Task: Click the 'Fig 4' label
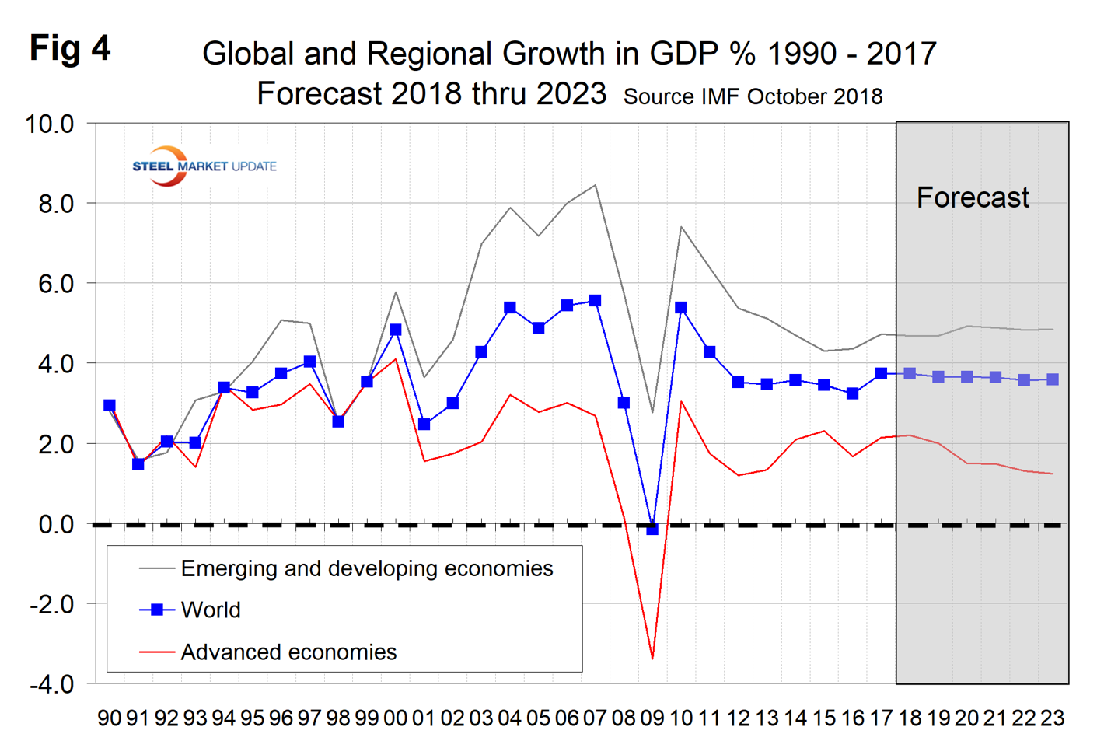tap(70, 49)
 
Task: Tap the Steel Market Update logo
tap(204, 166)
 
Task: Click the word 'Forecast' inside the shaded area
tap(972, 197)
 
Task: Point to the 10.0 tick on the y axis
tap(50, 124)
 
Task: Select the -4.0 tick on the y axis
tap(51, 685)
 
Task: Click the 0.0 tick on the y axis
tap(56, 524)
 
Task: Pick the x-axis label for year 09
tap(652, 718)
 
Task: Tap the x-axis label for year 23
tap(1052, 718)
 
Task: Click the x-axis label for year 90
tap(110, 718)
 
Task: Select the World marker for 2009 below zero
tap(652, 529)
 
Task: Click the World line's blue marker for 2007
tap(595, 300)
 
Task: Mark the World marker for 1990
tap(110, 405)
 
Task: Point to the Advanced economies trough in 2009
tap(652, 659)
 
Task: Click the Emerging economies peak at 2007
tap(595, 185)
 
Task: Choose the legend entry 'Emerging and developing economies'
tap(366, 568)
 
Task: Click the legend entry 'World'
tap(210, 610)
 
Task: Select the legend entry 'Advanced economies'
tap(288, 652)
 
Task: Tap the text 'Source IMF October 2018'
tap(753, 97)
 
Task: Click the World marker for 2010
tap(681, 308)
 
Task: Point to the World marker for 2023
tap(1053, 379)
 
